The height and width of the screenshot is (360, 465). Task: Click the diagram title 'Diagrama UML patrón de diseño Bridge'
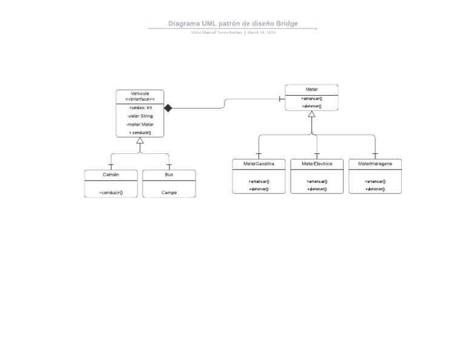[233, 24]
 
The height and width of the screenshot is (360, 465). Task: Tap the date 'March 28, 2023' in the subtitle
[262, 33]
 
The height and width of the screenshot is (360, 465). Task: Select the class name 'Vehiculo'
[140, 93]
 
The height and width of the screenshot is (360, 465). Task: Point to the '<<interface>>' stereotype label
[140, 99]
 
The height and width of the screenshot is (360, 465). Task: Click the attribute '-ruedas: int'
[140, 107]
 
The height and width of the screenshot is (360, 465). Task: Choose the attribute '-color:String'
[140, 116]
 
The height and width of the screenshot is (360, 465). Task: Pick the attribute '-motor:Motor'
[140, 124]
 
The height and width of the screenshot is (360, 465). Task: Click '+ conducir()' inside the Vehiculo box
[140, 133]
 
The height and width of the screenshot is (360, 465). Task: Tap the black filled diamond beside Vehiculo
[168, 108]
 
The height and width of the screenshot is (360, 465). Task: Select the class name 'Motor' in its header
[311, 89]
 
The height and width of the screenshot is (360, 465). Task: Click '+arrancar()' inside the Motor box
[311, 98]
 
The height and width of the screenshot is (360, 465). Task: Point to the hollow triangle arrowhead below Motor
[311, 114]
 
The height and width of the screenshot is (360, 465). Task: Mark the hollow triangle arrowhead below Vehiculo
[140, 141]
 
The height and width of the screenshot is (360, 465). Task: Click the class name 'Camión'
[111, 175]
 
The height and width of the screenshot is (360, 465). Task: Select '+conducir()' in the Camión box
[111, 193]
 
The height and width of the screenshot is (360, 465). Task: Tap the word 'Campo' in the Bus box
[169, 193]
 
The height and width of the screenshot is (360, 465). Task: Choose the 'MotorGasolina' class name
[259, 164]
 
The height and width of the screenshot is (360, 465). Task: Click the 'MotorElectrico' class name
[317, 164]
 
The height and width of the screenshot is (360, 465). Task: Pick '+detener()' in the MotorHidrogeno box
[375, 189]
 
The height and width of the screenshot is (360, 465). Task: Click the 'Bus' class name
[169, 175]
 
